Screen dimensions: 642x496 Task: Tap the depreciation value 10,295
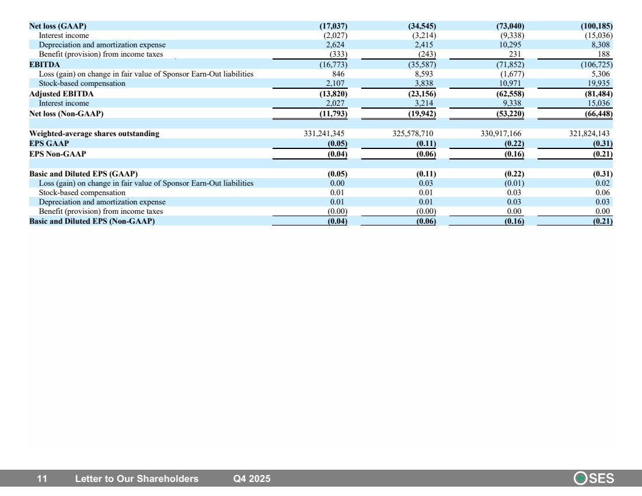point(510,44)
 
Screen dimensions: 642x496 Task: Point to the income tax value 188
point(603,54)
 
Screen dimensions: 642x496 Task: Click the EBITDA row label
point(44,64)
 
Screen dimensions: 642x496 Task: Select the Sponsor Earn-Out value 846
point(338,74)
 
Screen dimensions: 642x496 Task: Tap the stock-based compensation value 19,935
point(599,83)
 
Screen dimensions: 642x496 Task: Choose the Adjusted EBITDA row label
point(61,94)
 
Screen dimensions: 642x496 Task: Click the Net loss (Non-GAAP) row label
point(67,113)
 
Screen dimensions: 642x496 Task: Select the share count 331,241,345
point(324,134)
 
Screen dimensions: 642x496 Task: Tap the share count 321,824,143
point(589,134)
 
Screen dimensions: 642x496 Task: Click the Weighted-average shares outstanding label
point(94,134)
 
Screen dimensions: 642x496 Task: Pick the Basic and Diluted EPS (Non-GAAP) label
point(92,221)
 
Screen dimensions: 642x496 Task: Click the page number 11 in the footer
point(42,479)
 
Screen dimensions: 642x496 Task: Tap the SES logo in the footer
point(594,478)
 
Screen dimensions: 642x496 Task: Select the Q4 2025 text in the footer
point(252,479)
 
